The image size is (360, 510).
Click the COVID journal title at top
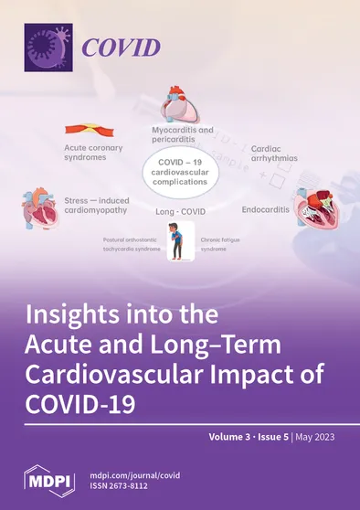pos(123,48)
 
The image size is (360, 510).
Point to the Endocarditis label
pos(266,209)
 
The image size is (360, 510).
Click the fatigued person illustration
pos(180,245)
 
